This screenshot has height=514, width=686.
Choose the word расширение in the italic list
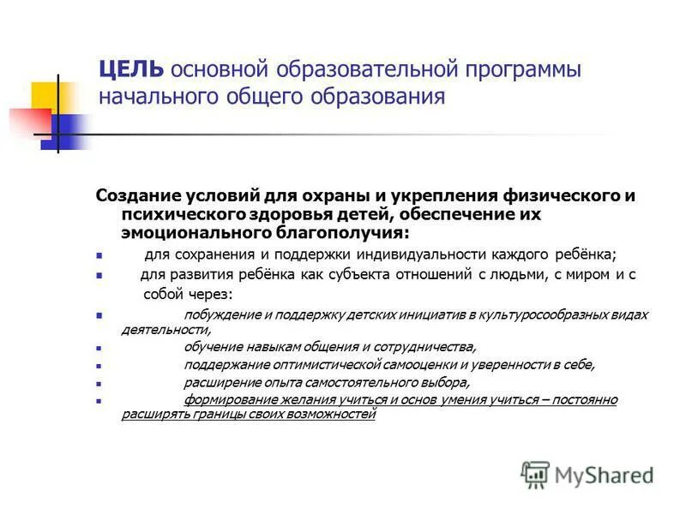click(221, 383)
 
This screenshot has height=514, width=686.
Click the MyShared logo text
click(604, 475)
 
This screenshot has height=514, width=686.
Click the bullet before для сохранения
click(99, 256)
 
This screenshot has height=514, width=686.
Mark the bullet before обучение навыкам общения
click(99, 349)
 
